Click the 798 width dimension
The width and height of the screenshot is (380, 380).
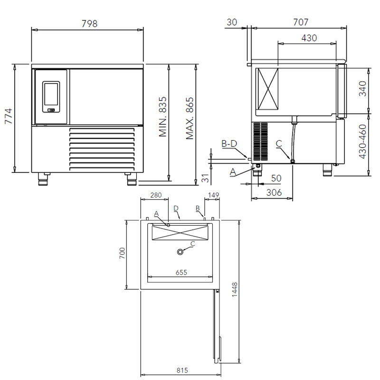[x=89, y=23]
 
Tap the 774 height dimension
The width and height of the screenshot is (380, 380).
[x=9, y=116]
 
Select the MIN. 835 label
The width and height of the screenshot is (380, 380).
[x=162, y=116]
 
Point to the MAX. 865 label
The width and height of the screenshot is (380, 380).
[x=190, y=118]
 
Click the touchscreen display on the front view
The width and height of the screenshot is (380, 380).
[x=51, y=94]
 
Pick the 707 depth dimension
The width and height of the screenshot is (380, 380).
[x=301, y=22]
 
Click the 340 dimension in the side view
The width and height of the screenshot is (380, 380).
[x=362, y=89]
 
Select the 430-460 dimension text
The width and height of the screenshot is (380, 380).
[x=362, y=142]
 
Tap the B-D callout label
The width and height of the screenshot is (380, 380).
[x=229, y=144]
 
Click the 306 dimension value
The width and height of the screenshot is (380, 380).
[x=274, y=193]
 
